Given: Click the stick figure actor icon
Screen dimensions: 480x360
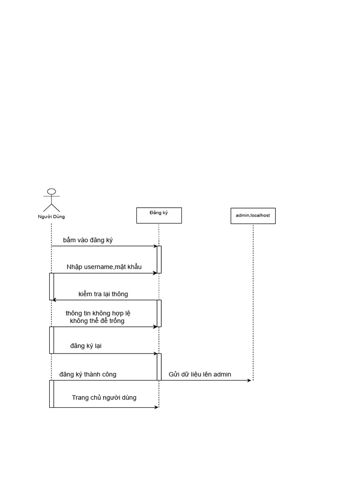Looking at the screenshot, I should [x=52, y=200].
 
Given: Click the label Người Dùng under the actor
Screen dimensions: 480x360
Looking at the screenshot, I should [x=52, y=217].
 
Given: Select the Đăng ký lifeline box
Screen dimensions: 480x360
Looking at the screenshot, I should [x=159, y=215].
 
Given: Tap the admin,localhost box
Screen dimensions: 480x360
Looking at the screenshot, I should [x=253, y=216].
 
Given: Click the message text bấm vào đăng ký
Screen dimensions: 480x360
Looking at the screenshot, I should [x=88, y=240].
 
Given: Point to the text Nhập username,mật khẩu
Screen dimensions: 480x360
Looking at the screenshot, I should [x=104, y=267].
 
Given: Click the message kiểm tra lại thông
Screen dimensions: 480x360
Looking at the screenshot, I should [x=103, y=294].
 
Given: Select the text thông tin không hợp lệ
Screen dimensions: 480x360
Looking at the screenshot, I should [x=97, y=313].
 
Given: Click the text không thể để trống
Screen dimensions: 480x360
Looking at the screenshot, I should [x=97, y=321].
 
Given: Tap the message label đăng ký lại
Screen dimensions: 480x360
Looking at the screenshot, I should [x=86, y=346].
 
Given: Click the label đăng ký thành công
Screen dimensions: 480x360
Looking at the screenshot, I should [x=88, y=374].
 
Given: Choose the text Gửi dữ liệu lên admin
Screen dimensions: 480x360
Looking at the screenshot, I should [x=200, y=375].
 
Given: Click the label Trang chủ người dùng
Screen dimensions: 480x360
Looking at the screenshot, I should [x=104, y=397].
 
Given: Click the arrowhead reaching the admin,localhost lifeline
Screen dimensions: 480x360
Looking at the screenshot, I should [x=249, y=381].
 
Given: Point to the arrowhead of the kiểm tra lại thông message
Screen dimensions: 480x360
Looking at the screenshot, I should [x=55, y=300].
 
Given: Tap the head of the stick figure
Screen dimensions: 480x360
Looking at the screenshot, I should [x=52, y=192].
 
